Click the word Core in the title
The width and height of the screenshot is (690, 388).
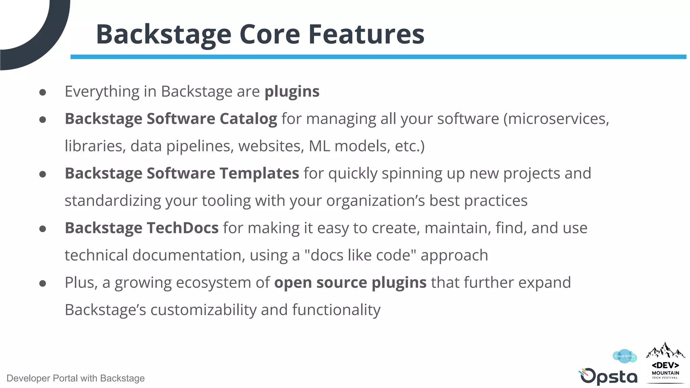(270, 34)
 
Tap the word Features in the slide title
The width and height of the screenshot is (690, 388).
(366, 34)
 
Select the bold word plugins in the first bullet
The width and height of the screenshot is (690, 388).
(292, 92)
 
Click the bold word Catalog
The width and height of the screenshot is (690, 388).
(248, 119)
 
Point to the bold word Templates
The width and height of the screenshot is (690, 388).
(259, 173)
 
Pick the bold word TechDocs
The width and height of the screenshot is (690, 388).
(182, 228)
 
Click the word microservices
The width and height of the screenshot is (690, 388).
(556, 119)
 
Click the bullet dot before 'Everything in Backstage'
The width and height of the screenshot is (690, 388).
(42, 92)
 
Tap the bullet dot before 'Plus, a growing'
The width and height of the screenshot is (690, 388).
(42, 283)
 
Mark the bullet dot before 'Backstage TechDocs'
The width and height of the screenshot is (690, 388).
(42, 229)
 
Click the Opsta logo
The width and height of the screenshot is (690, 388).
(608, 377)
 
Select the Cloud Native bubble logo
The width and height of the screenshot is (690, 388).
(625, 356)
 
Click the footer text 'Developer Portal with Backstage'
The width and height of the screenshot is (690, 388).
(75, 378)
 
